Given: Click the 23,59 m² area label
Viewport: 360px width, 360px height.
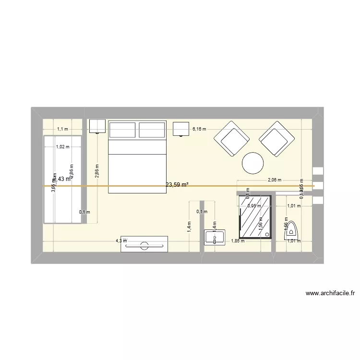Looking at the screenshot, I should tap(177, 184).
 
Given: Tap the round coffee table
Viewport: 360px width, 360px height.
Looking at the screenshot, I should tap(253, 163).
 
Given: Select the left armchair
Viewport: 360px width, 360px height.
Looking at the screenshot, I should tap(231, 139).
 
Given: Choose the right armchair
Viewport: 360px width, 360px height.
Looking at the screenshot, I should tap(277, 139).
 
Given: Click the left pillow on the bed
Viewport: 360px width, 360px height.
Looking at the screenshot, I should tap(123, 130).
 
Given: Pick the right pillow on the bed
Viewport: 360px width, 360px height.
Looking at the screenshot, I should tap(152, 130).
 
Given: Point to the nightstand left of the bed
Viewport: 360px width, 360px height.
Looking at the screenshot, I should tap(97, 126).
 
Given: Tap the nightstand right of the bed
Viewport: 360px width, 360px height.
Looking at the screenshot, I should tap(181, 129).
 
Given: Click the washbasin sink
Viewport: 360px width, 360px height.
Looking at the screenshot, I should tap(215, 237).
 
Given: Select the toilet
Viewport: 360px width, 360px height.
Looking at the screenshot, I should tap(292, 232).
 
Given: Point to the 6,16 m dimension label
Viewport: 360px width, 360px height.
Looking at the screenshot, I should tap(199, 129).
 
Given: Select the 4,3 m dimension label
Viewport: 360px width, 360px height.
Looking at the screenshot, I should tap(121, 241).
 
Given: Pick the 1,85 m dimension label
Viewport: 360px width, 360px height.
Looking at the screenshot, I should tap(238, 241).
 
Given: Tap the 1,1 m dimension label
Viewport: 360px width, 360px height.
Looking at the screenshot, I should tap(63, 129).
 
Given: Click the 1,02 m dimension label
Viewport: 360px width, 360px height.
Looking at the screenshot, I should tap(62, 147).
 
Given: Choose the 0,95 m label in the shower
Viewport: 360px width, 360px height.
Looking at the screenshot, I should tap(254, 206).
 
